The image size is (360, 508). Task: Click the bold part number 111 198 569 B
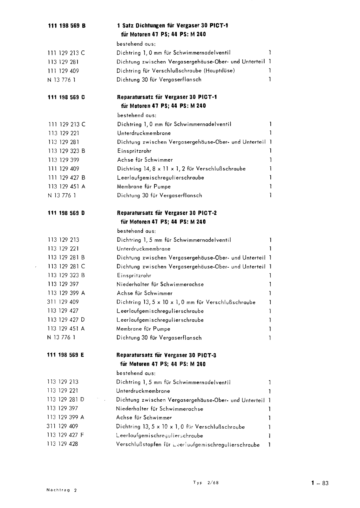[x=67, y=26]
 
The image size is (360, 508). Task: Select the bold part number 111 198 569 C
[x=67, y=97]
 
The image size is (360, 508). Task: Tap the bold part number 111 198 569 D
[x=66, y=213]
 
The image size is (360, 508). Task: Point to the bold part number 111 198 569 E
[x=66, y=355]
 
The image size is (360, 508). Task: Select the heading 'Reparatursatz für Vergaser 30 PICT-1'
[x=167, y=97]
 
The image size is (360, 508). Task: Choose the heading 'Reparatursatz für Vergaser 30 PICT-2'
[x=167, y=213]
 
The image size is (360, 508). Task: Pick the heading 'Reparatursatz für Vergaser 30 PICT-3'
[x=166, y=355]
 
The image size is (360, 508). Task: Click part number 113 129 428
[x=62, y=444]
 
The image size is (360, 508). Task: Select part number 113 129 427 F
[x=66, y=435]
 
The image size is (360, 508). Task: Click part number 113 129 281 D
[x=66, y=399]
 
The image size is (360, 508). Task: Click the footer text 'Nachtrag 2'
[x=62, y=490]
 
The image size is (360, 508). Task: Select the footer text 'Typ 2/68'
[x=206, y=483]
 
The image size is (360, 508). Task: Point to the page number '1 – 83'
[x=320, y=484]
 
